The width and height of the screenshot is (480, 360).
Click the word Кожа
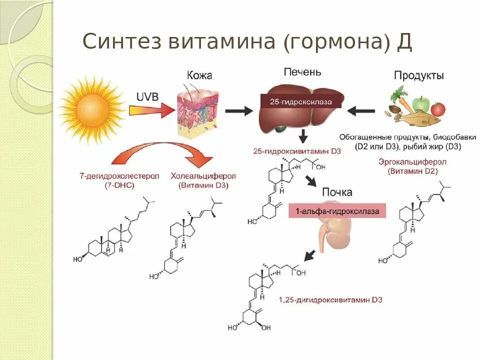(x=199, y=75)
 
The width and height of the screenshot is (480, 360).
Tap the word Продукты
(x=418, y=75)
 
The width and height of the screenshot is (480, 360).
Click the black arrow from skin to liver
(x=239, y=111)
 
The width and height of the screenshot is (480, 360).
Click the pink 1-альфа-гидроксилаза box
(x=337, y=211)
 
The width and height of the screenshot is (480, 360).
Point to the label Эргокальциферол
(x=412, y=162)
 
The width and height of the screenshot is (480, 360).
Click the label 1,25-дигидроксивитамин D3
(x=330, y=299)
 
